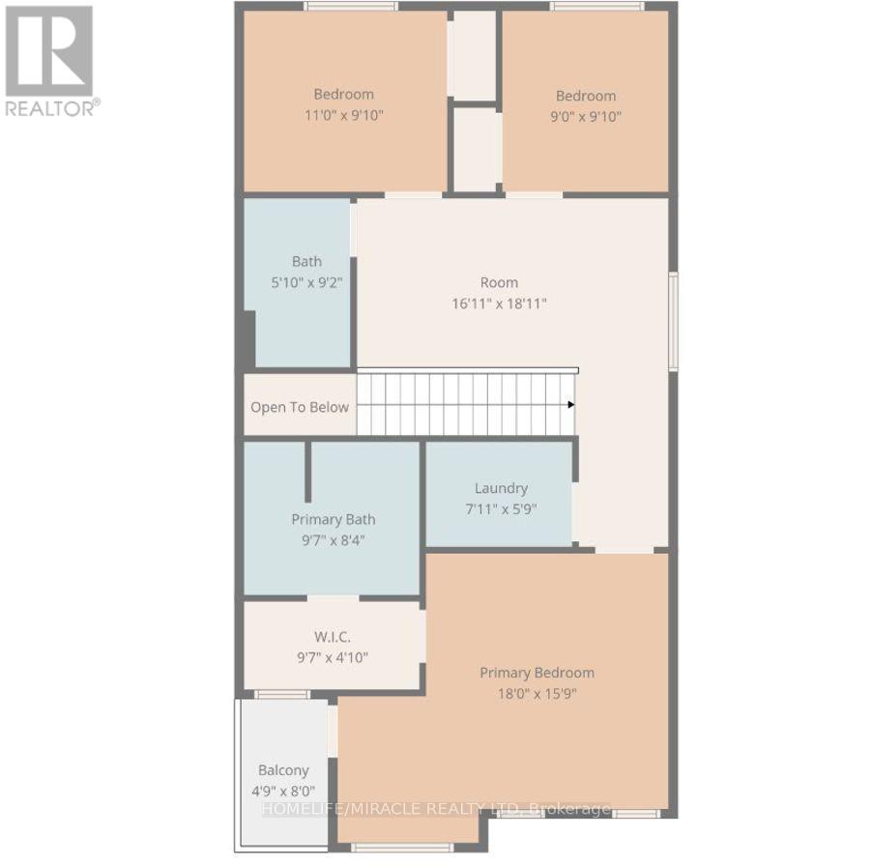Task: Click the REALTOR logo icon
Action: tap(49, 51)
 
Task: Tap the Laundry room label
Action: tap(501, 488)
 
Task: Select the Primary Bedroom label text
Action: tap(537, 673)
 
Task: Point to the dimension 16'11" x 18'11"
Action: tap(499, 303)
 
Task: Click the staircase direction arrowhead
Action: tap(571, 405)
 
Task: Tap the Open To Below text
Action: tap(300, 407)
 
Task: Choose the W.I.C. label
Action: tap(333, 636)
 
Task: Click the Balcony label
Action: tap(283, 770)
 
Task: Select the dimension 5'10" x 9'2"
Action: tap(306, 282)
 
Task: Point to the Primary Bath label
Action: tap(334, 519)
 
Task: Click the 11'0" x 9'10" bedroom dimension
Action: tap(344, 115)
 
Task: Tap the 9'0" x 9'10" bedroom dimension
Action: tap(586, 117)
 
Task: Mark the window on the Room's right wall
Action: tap(673, 321)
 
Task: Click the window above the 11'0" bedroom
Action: tap(350, 6)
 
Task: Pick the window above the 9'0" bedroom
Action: tap(597, 6)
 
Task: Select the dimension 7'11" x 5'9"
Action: tap(501, 509)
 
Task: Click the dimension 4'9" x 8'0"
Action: tap(283, 791)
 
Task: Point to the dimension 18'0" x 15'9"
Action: tap(537, 694)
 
